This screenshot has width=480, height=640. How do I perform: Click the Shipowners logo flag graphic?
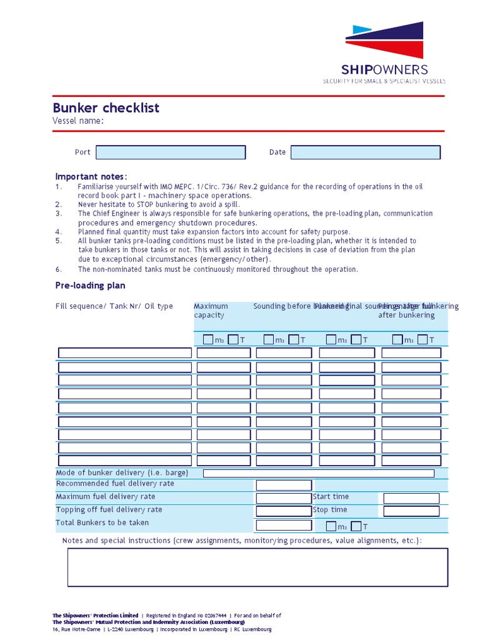coord(384,41)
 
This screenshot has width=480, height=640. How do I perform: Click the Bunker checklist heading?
coord(106,107)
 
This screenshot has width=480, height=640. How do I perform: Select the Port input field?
coord(171,152)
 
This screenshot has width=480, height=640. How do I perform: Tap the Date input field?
coord(366,152)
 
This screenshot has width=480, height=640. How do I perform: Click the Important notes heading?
coord(91,176)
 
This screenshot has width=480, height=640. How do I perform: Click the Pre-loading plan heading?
coord(90,286)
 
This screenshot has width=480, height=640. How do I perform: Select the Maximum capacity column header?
coord(211,311)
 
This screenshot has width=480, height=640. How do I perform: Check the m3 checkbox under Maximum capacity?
coord(207,339)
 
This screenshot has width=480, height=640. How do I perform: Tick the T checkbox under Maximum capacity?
coord(232,339)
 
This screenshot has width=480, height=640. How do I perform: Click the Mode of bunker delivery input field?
coord(319,473)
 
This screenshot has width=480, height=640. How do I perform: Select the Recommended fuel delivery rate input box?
coord(284,486)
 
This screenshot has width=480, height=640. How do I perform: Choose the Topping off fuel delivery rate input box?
coord(284,511)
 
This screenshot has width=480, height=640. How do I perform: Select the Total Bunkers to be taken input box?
coord(284,525)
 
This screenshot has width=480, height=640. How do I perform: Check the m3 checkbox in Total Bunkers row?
coord(331,526)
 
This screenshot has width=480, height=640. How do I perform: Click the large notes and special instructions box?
coord(257,567)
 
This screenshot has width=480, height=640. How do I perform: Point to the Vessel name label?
coord(78,121)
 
